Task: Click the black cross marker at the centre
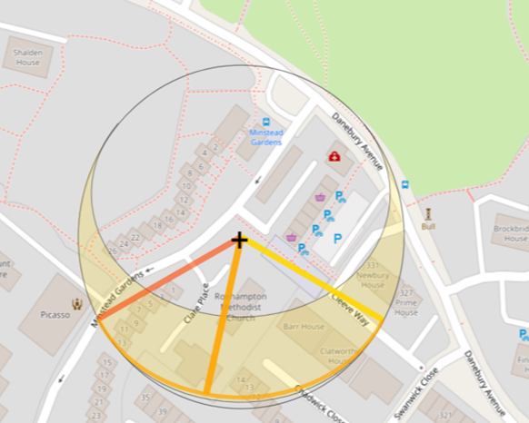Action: pyautogui.click(x=239, y=241)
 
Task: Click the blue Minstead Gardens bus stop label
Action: pyautogui.click(x=265, y=137)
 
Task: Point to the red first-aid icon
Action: pyautogui.click(x=334, y=157)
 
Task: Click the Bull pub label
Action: pyautogui.click(x=429, y=226)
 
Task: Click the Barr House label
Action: pyautogui.click(x=304, y=327)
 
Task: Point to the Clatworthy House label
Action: pyautogui.click(x=343, y=355)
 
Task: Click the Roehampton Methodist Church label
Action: pyautogui.click(x=241, y=307)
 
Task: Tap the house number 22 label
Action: pyautogui.click(x=135, y=238)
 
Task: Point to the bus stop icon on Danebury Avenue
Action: pyautogui.click(x=404, y=184)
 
